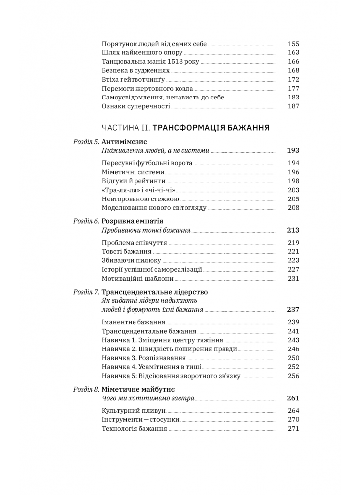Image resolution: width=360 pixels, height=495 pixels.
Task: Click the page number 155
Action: click(293, 44)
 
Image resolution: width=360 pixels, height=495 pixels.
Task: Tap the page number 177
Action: click(293, 88)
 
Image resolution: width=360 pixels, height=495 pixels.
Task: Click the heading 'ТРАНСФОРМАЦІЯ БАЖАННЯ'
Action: click(211, 128)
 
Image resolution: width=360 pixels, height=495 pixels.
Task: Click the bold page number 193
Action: click(293, 150)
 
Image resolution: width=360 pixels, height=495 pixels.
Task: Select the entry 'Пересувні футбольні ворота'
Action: click(147, 163)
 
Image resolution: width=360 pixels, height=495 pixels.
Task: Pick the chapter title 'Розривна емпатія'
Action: click(133, 221)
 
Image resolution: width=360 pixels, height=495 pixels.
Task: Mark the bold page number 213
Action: click(293, 230)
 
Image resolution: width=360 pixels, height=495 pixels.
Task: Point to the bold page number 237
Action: click(293, 310)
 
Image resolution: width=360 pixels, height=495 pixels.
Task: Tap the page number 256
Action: click(293, 376)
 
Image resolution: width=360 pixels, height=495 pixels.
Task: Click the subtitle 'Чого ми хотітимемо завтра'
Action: click(148, 398)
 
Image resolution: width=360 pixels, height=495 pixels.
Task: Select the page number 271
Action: click(293, 429)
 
